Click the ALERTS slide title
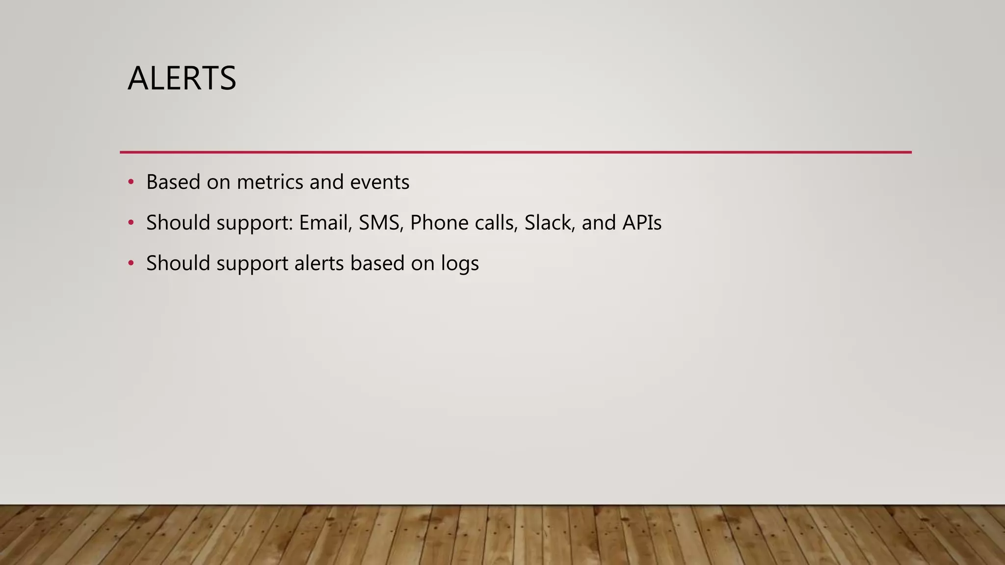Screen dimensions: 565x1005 coord(182,78)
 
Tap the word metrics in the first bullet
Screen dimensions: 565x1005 coord(270,182)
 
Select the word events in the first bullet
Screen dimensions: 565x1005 coord(379,182)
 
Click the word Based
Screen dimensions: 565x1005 coord(173,182)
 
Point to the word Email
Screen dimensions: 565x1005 coord(325,223)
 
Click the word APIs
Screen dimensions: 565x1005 coord(642,223)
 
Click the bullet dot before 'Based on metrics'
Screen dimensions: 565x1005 coord(131,182)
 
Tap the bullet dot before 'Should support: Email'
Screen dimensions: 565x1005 coord(131,223)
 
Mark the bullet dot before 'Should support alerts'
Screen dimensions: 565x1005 coord(131,264)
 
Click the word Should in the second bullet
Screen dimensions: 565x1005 coord(178,223)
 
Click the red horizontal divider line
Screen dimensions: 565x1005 coord(515,153)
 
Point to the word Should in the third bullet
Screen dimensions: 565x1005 coord(178,264)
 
